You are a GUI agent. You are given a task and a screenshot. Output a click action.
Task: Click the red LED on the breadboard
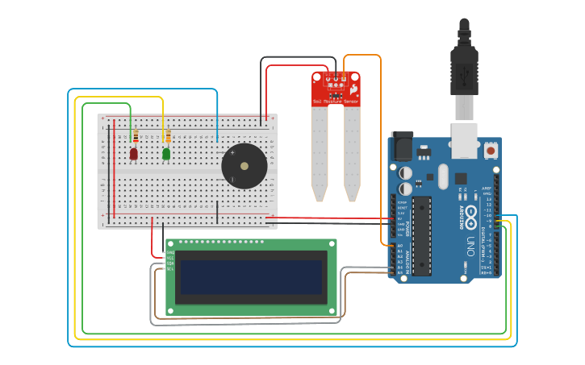[134, 153]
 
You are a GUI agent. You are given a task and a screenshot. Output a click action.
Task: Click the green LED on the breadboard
[166, 153]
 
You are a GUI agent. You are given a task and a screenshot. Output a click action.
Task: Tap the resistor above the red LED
[136, 135]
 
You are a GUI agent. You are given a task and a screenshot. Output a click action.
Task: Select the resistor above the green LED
[168, 135]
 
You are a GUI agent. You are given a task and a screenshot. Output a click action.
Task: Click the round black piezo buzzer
[244, 166]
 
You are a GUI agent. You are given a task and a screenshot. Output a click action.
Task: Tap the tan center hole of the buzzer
[244, 166]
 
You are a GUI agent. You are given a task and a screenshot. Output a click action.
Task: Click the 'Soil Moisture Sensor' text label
[336, 102]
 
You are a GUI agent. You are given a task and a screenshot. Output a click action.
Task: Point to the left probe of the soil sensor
[320, 153]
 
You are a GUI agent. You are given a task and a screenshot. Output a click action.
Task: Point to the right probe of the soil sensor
[352, 153]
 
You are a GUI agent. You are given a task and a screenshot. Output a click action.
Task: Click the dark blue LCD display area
[250, 276]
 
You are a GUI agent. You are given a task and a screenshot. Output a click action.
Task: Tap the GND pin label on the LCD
[170, 252]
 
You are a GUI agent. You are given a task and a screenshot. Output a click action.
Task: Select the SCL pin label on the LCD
[170, 268]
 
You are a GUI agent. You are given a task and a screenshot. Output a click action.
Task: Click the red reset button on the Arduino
[491, 150]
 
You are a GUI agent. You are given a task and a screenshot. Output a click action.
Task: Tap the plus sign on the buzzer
[232, 151]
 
